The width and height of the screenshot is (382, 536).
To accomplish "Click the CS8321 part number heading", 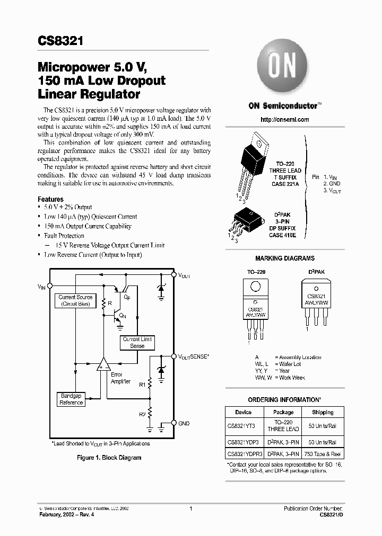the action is [x=60, y=41].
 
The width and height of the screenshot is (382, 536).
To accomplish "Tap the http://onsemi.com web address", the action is [x=284, y=120].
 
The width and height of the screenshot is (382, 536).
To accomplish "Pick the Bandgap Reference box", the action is [x=71, y=399].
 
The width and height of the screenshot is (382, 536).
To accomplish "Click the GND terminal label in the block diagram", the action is [x=184, y=423].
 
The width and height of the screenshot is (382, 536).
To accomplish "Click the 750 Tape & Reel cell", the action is [x=323, y=454].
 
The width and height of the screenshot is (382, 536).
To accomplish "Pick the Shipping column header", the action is [x=323, y=412].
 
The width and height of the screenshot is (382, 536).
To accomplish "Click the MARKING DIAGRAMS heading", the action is [x=284, y=258].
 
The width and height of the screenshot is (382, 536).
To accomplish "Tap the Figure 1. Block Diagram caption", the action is [x=109, y=458].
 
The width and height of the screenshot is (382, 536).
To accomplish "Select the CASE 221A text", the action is [x=284, y=183].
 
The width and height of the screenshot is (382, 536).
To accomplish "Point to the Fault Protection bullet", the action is [x=64, y=236].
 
